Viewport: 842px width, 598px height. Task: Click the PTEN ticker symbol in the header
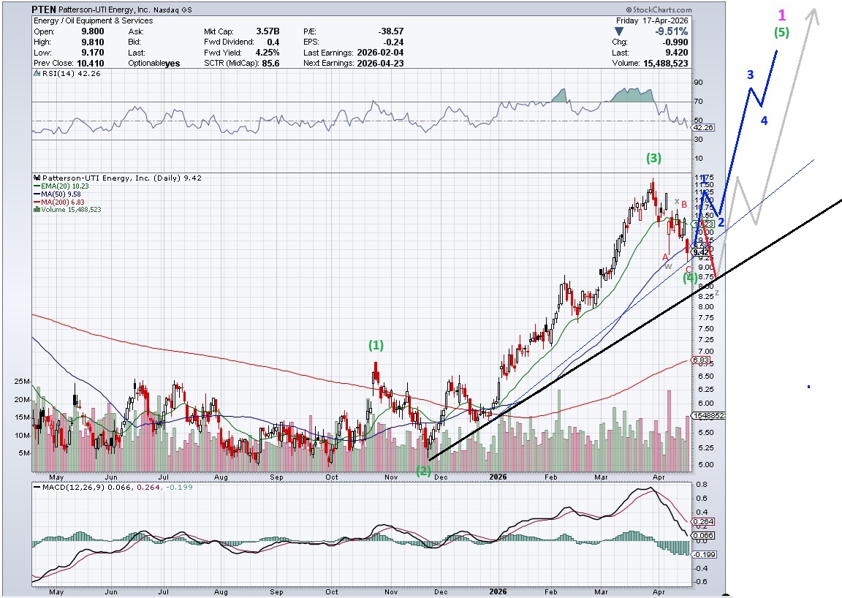43,10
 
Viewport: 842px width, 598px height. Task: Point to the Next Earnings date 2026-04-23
380,63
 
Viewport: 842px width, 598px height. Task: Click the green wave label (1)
376,344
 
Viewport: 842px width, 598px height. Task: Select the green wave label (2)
423,471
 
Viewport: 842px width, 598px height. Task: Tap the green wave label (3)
653,158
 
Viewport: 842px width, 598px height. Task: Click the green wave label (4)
690,278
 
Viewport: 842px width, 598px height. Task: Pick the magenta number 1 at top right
782,15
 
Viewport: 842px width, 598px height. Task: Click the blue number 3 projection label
750,75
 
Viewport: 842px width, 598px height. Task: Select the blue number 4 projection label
764,121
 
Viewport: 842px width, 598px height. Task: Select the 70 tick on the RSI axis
698,101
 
